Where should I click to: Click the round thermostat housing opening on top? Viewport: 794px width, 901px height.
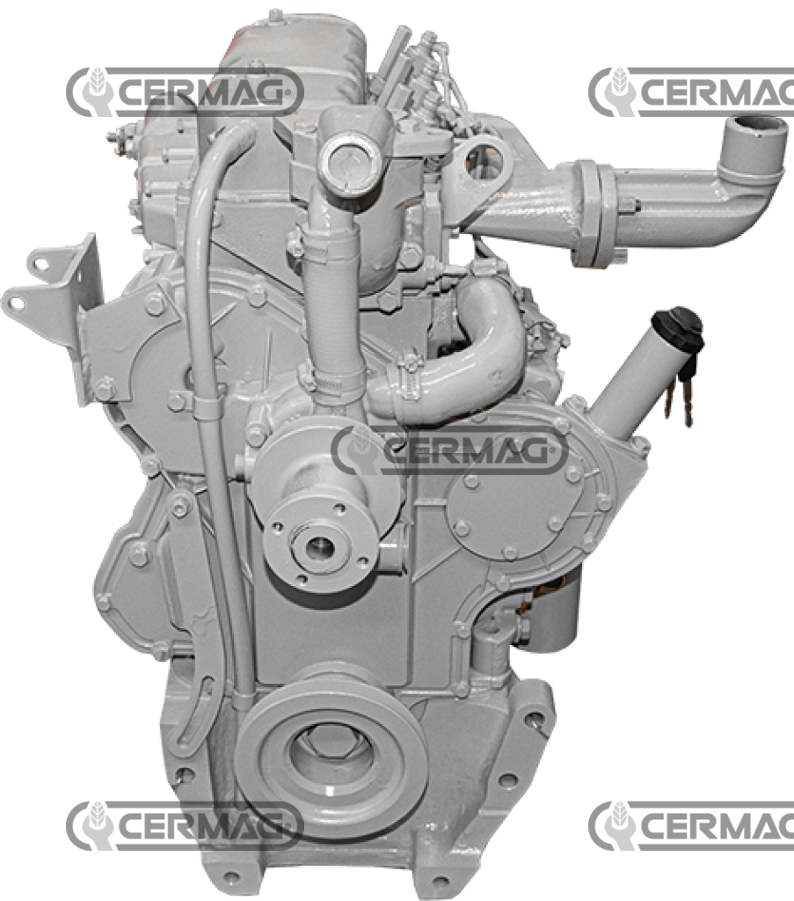pos(350,164)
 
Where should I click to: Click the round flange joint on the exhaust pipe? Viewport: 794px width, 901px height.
pos(592,214)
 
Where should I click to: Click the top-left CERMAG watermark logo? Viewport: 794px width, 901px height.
pos(185,92)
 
